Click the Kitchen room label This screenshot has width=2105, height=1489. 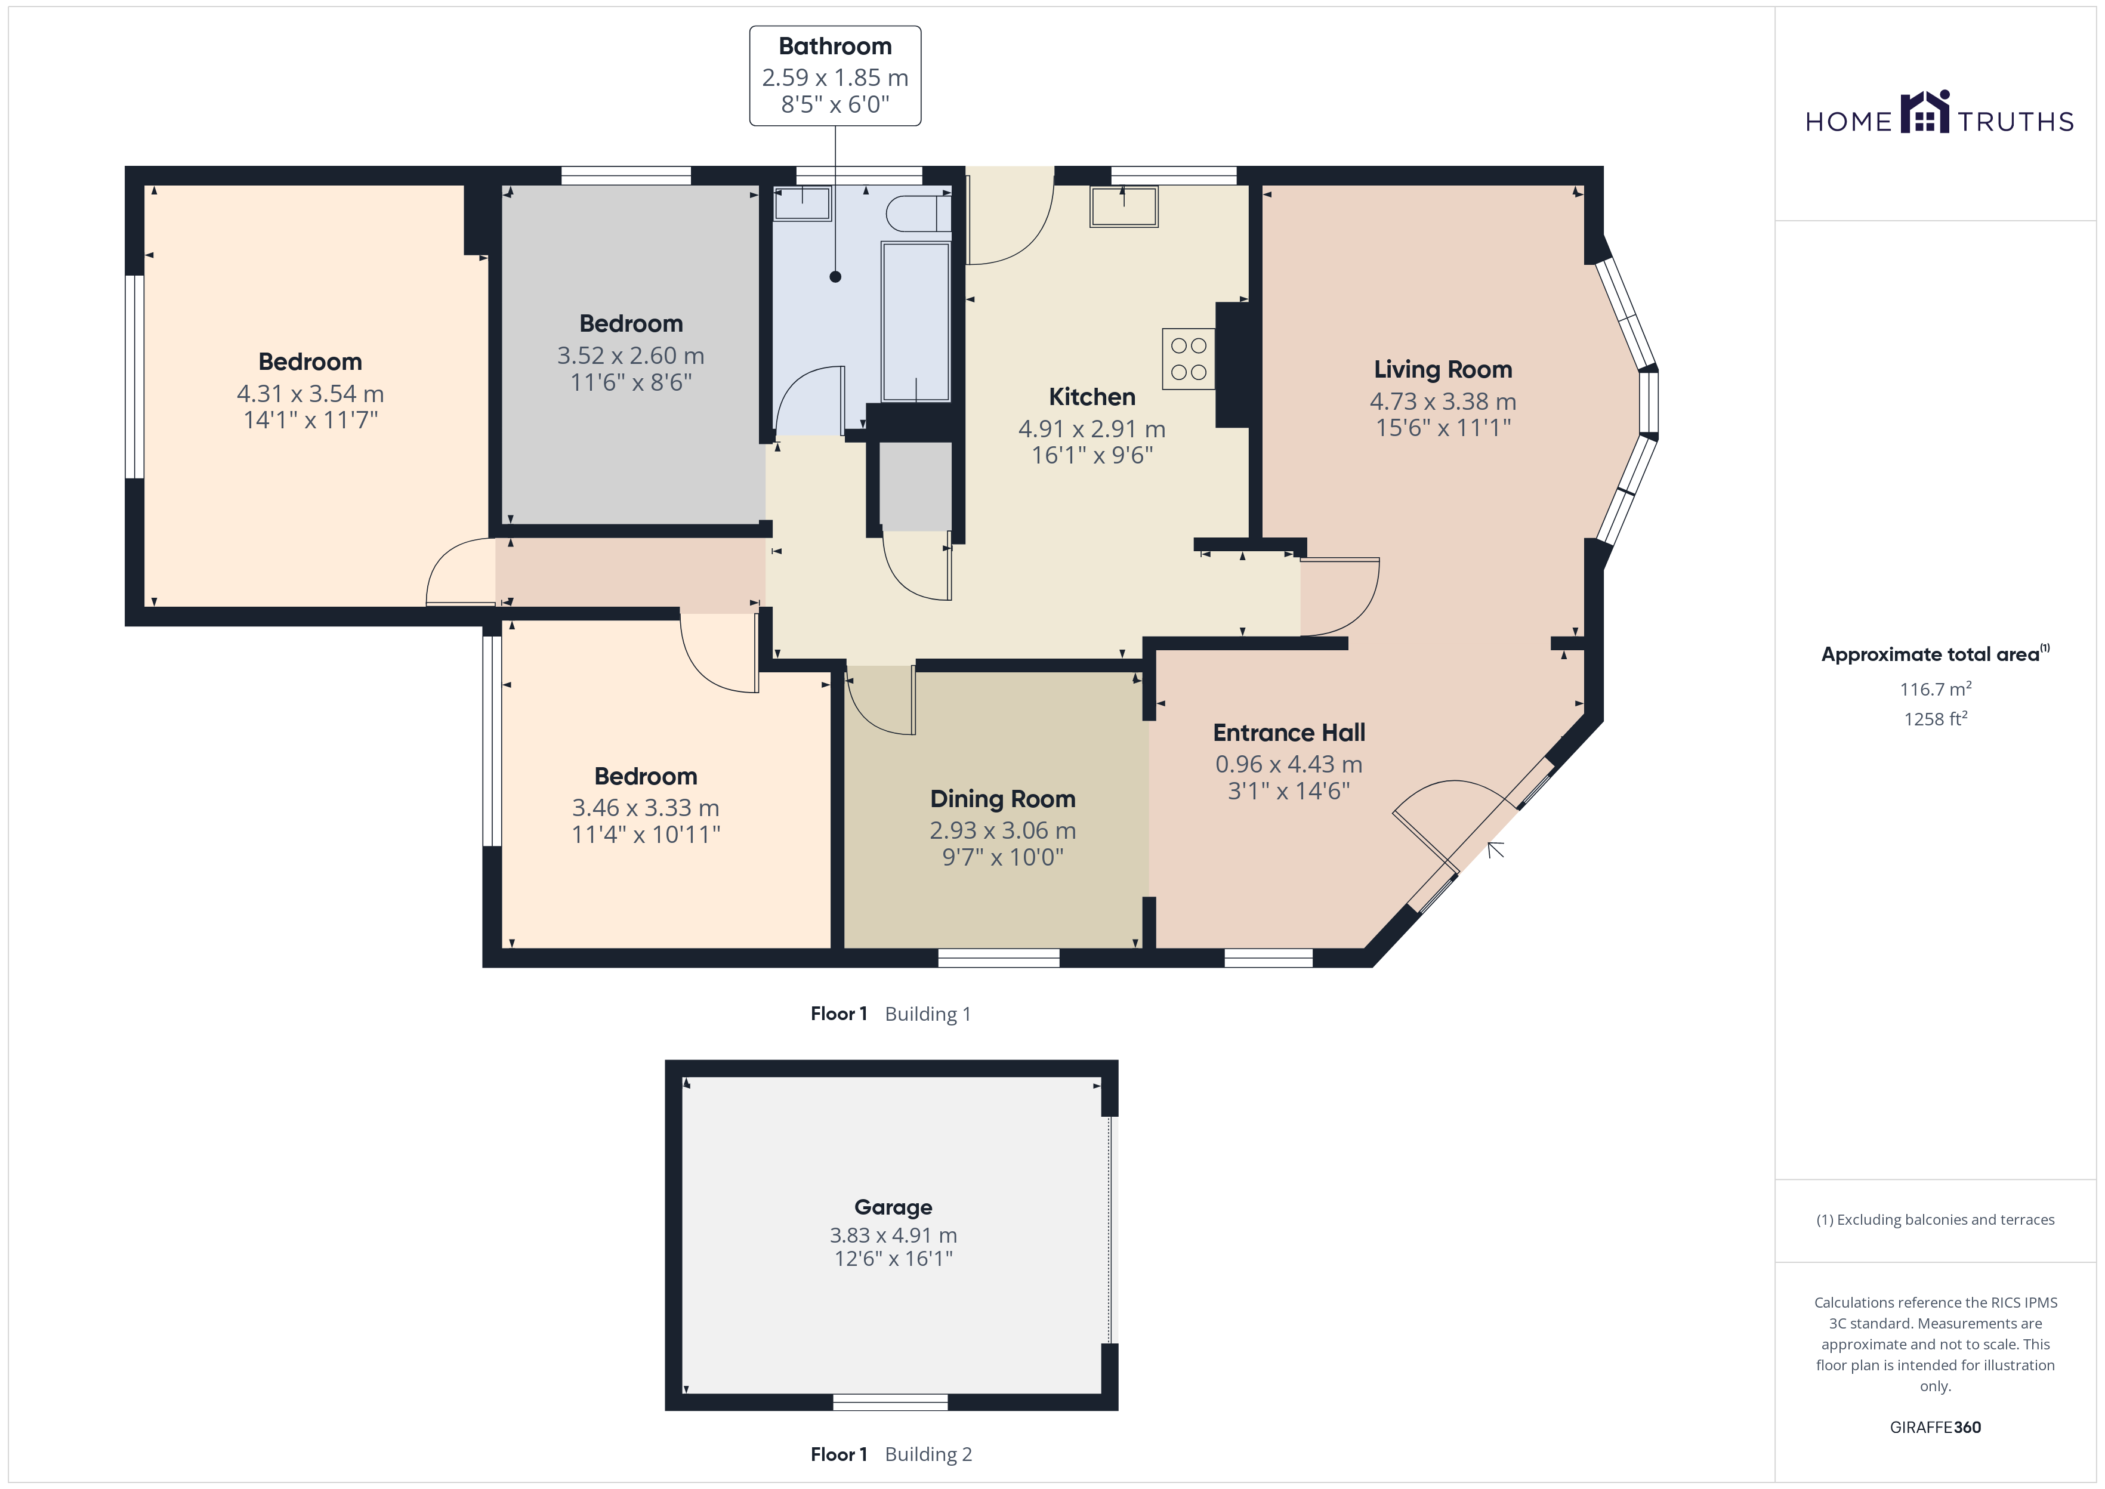[x=1092, y=397]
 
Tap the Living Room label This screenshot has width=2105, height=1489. [x=1443, y=369]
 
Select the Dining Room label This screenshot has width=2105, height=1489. [x=1003, y=799]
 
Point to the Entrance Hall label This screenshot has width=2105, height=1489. [x=1289, y=733]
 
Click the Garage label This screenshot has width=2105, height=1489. [x=893, y=1207]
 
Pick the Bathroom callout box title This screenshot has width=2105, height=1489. [x=835, y=46]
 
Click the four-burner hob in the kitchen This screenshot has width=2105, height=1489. [x=1189, y=359]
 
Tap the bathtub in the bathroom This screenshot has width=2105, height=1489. [x=915, y=322]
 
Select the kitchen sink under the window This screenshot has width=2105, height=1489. [x=1124, y=206]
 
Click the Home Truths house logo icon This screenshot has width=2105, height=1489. [x=1925, y=112]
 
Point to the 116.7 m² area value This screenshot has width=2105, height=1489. [x=1936, y=688]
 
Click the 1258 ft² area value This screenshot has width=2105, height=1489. [x=1936, y=719]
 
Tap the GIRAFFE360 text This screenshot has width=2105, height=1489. [x=1936, y=1428]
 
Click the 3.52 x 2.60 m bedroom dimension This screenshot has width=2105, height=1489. [x=631, y=356]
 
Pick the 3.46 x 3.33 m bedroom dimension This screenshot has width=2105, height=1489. [x=646, y=808]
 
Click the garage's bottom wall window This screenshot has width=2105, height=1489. [x=890, y=1402]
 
